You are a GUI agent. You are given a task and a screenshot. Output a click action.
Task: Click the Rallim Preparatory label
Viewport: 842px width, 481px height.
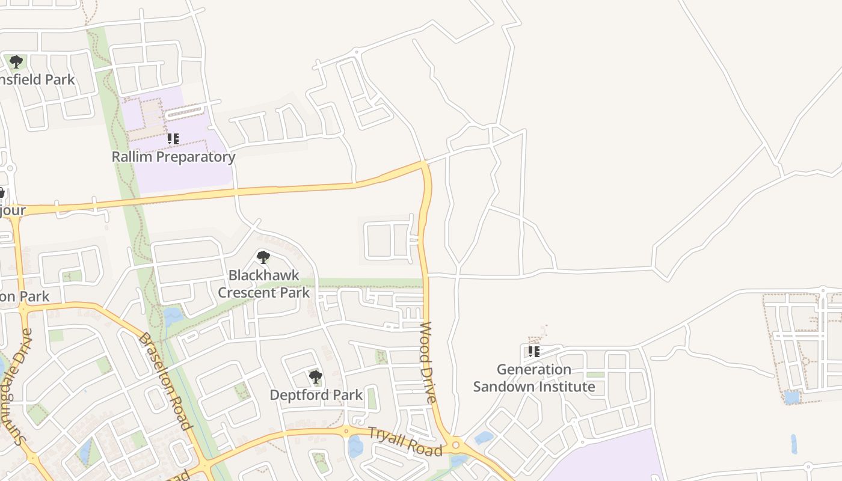coord(173,157)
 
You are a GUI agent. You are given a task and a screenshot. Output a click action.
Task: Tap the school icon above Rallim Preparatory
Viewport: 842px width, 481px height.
coord(173,139)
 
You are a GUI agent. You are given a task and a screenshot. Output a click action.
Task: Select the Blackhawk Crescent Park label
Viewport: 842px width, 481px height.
coord(263,284)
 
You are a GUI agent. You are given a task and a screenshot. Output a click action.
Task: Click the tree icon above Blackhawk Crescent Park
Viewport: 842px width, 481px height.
coord(263,257)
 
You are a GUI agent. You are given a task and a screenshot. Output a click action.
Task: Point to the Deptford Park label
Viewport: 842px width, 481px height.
coord(316,395)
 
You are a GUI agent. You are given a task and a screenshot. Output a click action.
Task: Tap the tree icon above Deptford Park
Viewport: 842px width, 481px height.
coord(316,377)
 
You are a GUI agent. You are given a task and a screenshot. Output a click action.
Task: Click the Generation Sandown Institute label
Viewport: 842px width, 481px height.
coord(534,378)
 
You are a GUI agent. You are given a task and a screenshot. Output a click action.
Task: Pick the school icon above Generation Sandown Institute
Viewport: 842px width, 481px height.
coord(533,351)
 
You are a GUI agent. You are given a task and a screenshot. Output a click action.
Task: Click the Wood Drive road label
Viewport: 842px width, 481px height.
coord(427,362)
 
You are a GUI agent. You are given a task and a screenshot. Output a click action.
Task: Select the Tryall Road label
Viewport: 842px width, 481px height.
coord(405,441)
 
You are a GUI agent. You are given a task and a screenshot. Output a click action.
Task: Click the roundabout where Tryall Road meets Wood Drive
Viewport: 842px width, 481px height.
coord(455,446)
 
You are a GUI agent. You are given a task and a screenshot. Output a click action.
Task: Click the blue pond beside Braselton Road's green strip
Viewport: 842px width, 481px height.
coord(173,315)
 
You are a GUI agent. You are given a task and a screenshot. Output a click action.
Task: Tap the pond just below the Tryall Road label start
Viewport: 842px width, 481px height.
coord(355,447)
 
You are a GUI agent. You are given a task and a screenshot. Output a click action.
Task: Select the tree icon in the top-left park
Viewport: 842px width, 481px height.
coord(16,61)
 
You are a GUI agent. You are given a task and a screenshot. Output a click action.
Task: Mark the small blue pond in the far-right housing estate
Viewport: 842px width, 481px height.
coord(792,397)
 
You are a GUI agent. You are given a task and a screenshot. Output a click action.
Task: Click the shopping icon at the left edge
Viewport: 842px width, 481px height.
coord(1,192)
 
